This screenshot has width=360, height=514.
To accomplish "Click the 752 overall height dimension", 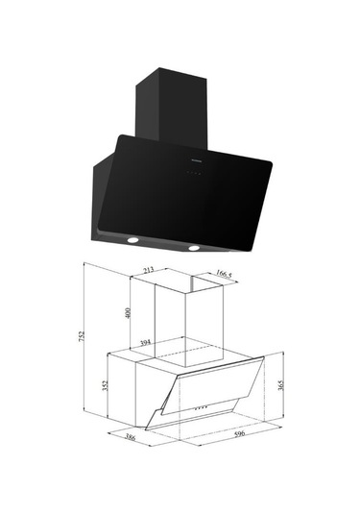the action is click(82, 336).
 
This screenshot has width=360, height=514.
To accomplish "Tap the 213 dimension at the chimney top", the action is click(149, 270).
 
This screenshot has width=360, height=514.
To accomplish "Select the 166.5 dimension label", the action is click(224, 274).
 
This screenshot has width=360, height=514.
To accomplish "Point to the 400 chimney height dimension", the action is click(128, 313).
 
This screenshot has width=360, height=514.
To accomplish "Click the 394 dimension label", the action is click(146, 343).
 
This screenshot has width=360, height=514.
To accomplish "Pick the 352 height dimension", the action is click(105, 385).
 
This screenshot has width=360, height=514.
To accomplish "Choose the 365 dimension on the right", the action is click(280, 385).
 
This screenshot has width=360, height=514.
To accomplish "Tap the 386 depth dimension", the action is click(131, 438).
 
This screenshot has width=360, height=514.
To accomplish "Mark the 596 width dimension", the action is click(239, 433).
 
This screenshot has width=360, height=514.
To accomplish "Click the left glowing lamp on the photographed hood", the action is click(132, 240).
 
